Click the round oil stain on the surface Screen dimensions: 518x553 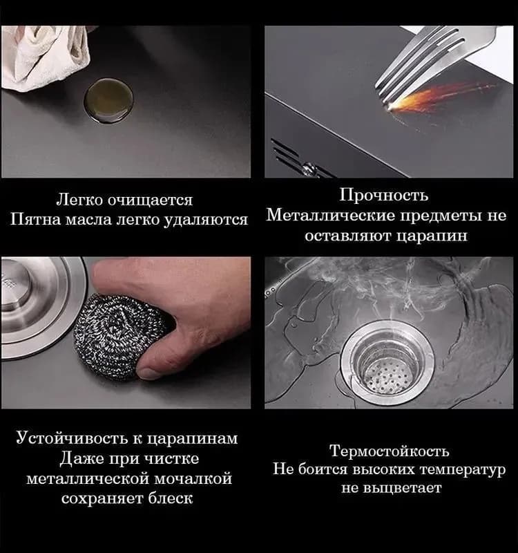click(x=108, y=100)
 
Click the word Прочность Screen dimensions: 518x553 click(x=384, y=195)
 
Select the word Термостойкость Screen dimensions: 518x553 click(x=390, y=451)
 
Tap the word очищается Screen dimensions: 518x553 click(x=150, y=200)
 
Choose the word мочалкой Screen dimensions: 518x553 click(x=194, y=479)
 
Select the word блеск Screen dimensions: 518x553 click(x=170, y=498)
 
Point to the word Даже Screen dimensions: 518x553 click(x=81, y=459)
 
